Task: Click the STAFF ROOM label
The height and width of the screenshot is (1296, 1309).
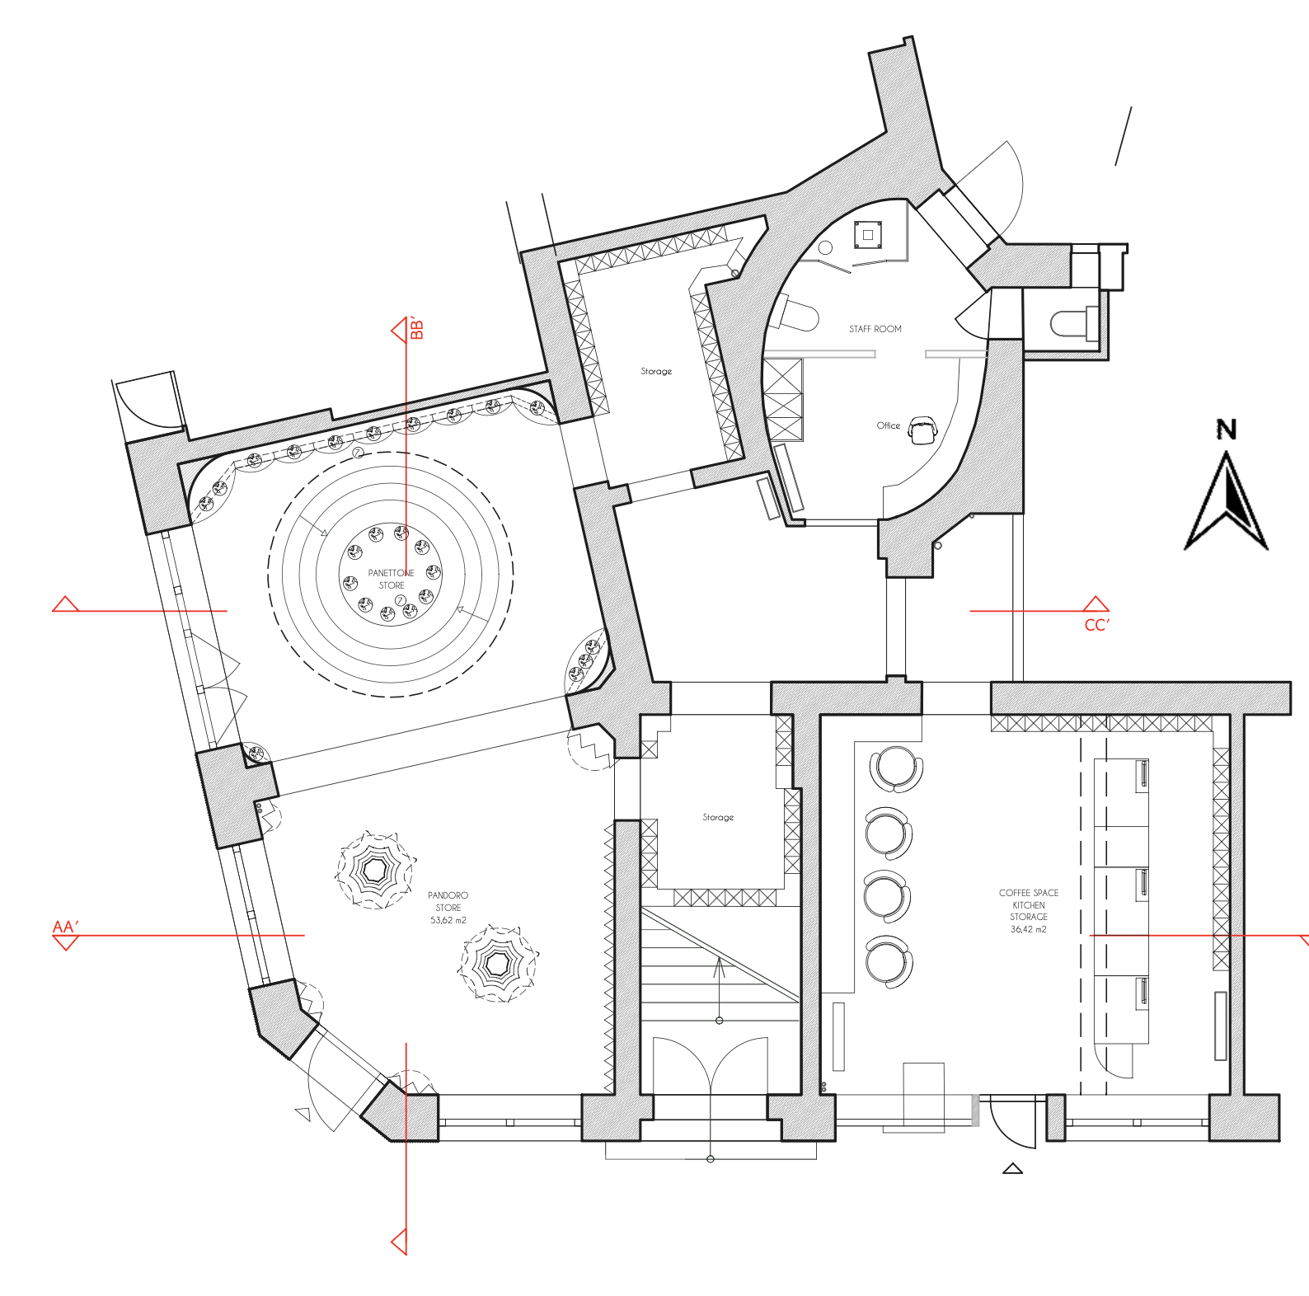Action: click(875, 329)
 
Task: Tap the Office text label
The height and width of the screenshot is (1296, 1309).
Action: click(888, 425)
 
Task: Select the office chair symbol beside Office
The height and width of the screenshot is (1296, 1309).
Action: click(923, 430)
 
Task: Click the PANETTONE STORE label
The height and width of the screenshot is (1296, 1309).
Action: click(392, 579)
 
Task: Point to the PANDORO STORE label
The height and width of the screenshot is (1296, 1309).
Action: click(448, 901)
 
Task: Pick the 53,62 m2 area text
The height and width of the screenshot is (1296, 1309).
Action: click(448, 920)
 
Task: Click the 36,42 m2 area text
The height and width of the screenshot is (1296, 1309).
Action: click(1029, 929)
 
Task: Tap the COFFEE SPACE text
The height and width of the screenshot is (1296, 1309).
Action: click(1029, 893)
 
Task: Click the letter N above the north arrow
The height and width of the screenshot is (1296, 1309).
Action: click(1227, 430)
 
